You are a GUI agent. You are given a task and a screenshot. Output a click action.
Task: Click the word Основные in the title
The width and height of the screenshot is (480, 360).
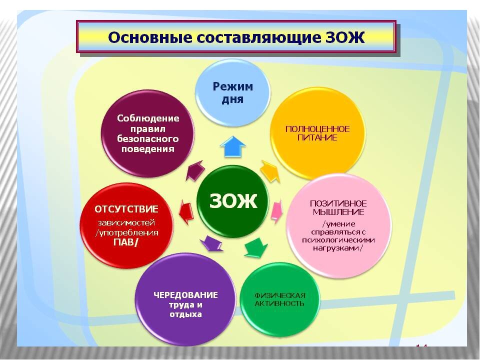click(150, 37)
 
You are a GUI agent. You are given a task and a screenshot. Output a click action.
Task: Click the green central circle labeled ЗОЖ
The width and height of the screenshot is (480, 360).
click(232, 201)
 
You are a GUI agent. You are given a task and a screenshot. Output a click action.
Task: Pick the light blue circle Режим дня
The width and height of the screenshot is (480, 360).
click(232, 93)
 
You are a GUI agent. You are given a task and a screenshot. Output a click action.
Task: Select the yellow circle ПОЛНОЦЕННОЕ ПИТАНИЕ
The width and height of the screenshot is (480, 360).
click(317, 133)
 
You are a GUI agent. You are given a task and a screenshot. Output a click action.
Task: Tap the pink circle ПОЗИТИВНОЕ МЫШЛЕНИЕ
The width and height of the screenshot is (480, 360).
click(338, 225)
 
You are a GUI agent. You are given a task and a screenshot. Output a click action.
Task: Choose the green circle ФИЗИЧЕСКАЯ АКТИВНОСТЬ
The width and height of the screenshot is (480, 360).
click(280, 299)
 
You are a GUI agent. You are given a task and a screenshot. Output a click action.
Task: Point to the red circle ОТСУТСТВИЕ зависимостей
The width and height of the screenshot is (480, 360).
click(126, 225)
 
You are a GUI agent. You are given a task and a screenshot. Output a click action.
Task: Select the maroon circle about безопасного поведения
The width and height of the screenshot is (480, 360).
click(148, 133)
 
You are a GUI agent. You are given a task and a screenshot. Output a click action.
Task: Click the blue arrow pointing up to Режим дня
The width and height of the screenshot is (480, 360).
click(233, 146)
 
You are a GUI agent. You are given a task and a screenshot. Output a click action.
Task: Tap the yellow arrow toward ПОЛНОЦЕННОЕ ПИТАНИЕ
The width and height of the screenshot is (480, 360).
click(270, 171)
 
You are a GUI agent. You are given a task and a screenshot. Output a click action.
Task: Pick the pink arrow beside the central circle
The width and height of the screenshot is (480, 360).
click(276, 211)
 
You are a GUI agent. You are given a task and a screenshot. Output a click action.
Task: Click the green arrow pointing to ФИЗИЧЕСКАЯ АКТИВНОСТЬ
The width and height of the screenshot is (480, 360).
click(255, 246)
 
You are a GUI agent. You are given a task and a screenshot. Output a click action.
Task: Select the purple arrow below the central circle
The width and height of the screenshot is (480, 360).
click(211, 243)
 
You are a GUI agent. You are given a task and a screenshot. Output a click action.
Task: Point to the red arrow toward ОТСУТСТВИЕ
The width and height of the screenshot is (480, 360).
click(186, 210)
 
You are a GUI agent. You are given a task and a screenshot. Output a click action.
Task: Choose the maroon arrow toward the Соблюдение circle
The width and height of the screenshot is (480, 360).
click(195, 171)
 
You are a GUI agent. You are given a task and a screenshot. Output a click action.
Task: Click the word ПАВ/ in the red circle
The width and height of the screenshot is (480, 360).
click(126, 243)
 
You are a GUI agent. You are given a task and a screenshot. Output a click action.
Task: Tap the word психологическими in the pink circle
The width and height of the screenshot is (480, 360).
click(338, 240)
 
